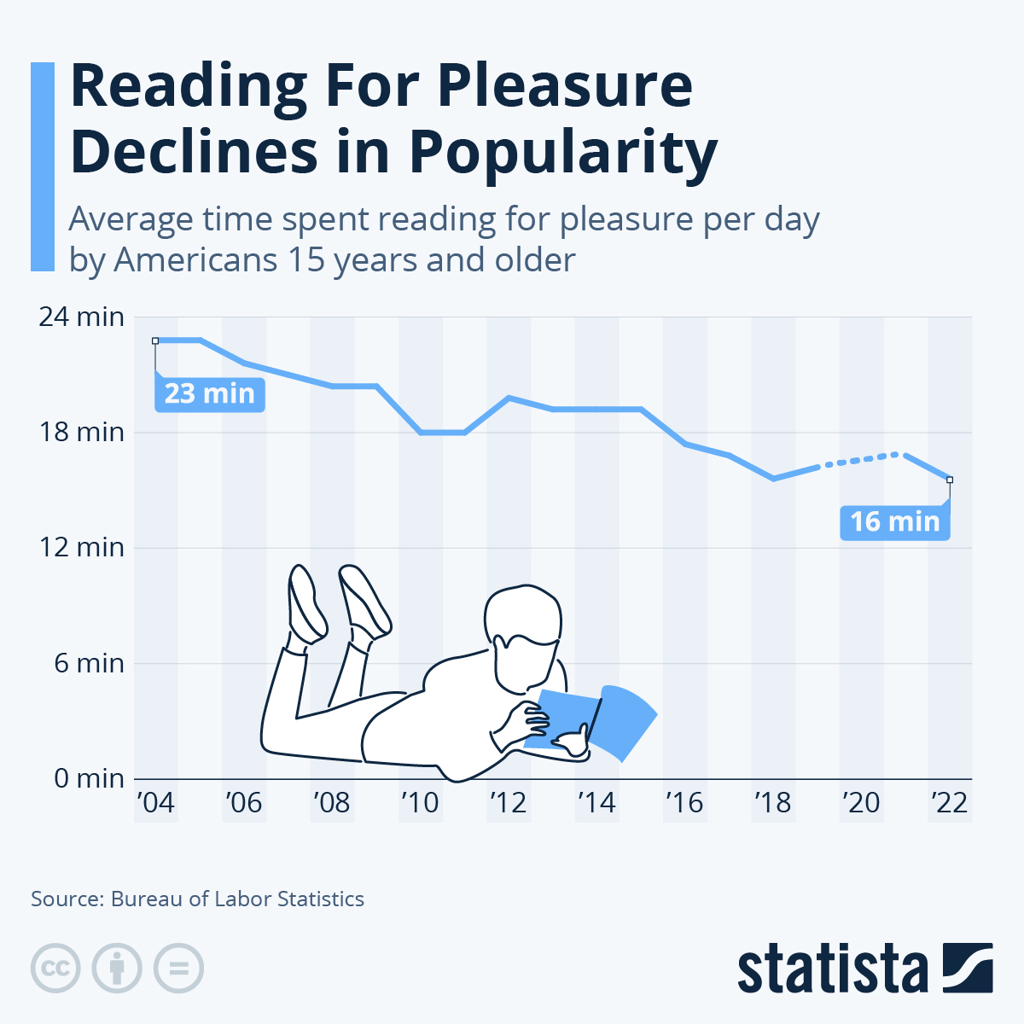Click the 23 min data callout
[x=209, y=394]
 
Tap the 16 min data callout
[x=894, y=521]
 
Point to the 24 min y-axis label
[x=82, y=317]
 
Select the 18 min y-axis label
[x=82, y=432]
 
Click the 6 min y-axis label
[x=90, y=663]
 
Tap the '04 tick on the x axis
[x=154, y=803]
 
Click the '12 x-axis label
[x=508, y=803]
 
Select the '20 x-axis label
[x=861, y=803]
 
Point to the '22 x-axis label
[x=949, y=803]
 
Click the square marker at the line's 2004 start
[x=155, y=340]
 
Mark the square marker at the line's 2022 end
[x=950, y=480]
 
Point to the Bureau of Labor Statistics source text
[x=237, y=899]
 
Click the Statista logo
[x=864, y=969]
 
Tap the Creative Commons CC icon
[x=55, y=969]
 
